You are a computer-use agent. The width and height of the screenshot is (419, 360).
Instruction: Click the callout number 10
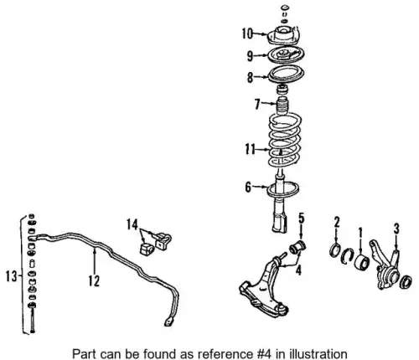[x=247, y=33]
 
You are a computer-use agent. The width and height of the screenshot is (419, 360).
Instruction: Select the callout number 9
[x=250, y=56]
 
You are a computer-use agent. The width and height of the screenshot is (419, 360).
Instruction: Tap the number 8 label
[x=250, y=77]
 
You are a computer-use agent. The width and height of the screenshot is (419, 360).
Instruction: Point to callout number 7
[x=257, y=104]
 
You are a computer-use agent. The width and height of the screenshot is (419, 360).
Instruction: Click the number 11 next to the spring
[x=251, y=149]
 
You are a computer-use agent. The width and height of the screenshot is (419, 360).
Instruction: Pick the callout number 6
[x=248, y=187]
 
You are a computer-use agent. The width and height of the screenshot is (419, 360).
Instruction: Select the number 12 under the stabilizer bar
[x=94, y=280]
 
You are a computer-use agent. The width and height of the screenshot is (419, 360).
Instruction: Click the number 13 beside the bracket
[x=12, y=277]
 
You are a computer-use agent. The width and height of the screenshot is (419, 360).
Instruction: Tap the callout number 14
[x=132, y=225]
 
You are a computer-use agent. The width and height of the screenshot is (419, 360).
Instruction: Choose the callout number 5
[x=301, y=219]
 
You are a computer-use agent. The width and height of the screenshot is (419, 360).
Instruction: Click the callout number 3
[x=396, y=229]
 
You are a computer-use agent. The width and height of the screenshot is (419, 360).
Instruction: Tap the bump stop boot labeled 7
[x=282, y=105]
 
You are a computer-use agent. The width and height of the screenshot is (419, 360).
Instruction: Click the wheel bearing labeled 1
[x=361, y=262]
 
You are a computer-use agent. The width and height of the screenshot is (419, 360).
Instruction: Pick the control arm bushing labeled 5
[x=297, y=246]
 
